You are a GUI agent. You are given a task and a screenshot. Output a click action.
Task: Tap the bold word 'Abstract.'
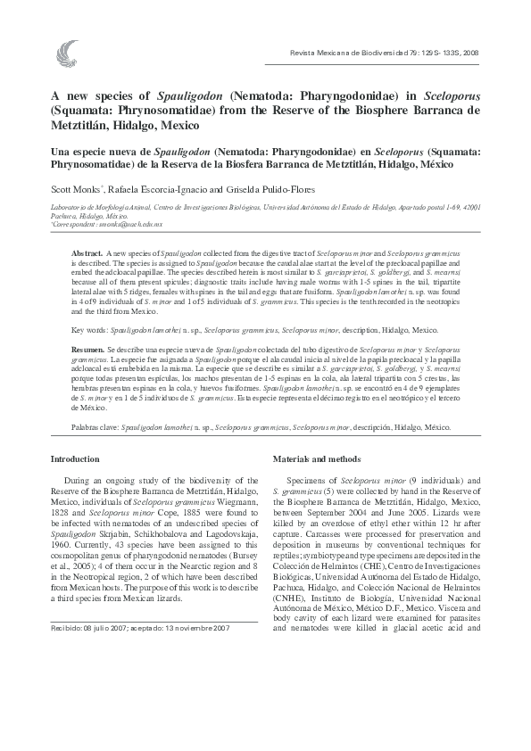[x=87, y=254]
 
